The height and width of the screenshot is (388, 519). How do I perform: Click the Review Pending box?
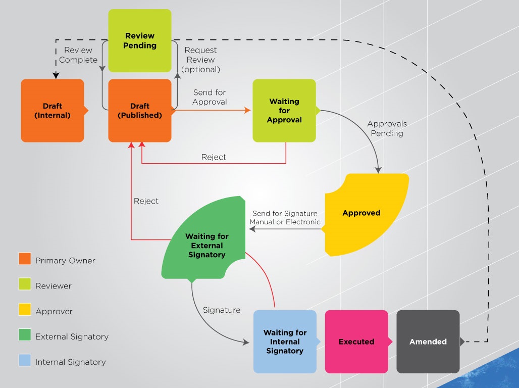140,40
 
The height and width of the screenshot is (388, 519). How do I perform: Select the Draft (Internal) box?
53,110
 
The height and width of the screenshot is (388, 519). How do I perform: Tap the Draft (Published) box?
140,110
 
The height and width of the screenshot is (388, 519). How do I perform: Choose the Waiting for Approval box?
284,110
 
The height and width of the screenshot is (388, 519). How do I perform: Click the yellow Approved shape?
361,213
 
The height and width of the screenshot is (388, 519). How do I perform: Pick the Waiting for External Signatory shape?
206,245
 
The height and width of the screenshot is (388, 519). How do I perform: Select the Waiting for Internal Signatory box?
285,342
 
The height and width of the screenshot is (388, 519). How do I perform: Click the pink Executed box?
356,342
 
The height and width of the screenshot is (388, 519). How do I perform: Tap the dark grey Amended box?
428,342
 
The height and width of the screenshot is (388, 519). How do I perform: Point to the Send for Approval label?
210,97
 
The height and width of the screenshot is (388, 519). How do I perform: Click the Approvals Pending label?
387,128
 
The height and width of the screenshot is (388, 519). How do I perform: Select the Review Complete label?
78,55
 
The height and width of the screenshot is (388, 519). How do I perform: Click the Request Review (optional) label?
201,60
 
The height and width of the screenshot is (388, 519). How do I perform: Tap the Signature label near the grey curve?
222,310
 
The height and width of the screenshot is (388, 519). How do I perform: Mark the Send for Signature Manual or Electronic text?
285,218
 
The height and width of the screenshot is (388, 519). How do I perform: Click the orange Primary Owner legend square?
25,259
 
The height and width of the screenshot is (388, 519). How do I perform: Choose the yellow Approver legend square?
25,310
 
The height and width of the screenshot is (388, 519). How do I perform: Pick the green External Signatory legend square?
25,335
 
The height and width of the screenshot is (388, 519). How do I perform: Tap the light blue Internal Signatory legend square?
25,360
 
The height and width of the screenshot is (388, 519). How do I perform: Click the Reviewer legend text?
54,286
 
